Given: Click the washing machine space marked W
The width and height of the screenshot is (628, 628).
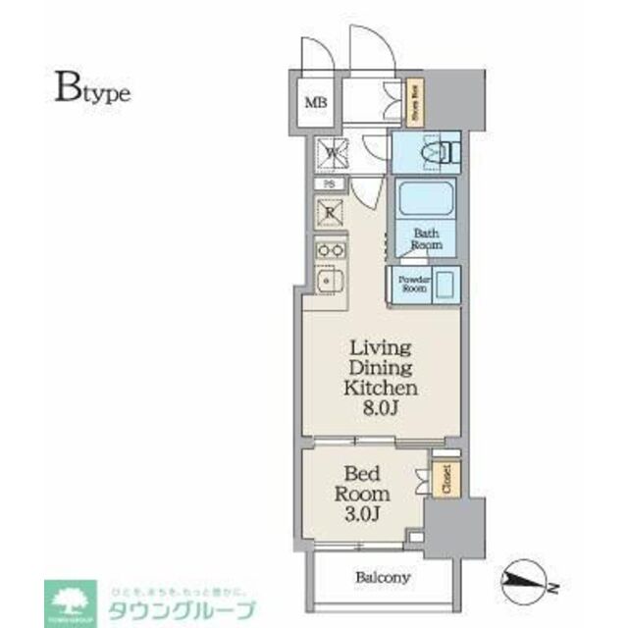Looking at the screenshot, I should (x=331, y=152).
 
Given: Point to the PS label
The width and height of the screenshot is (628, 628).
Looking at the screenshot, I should (x=330, y=184).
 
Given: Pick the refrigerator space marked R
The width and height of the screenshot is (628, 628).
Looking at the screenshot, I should (x=330, y=212).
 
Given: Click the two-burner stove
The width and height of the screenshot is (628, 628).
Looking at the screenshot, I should (x=330, y=250).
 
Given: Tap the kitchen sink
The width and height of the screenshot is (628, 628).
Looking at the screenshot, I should (x=329, y=283).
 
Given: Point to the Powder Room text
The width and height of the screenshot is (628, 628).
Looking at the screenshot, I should (x=411, y=285).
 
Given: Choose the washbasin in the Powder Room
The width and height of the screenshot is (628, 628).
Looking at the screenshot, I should (x=444, y=286).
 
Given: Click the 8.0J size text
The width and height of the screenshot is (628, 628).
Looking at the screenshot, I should (x=382, y=407).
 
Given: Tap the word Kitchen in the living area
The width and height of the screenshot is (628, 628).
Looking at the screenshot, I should (x=382, y=387).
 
